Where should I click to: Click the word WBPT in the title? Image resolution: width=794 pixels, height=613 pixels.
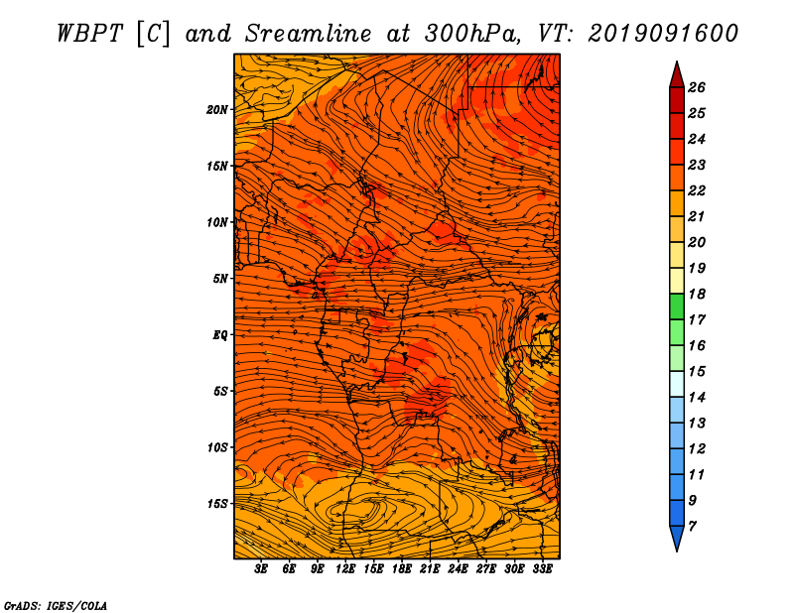coord(89,34)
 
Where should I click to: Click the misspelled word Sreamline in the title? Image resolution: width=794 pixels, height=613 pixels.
coord(309,34)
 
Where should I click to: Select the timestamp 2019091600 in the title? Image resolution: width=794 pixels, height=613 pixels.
coord(663,34)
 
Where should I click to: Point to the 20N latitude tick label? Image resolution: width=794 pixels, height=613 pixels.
coord(217,110)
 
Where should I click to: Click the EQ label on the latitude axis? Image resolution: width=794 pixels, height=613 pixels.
coord(220,335)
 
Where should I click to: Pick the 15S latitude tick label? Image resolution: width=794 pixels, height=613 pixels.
coord(217,504)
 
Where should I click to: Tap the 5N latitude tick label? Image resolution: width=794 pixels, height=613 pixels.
coord(220,279)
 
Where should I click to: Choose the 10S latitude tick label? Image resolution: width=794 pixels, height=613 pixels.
coord(217,447)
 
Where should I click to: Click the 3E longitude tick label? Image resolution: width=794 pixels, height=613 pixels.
coord(261,569)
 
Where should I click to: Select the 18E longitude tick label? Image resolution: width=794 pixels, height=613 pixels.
coord(402,569)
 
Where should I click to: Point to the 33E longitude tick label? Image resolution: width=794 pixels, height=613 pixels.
coord(542,569)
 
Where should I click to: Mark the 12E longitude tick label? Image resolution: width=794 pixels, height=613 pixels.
coord(345,569)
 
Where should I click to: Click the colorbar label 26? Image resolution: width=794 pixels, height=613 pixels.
coord(697,87)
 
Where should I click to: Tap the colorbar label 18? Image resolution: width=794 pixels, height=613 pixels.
coord(697,294)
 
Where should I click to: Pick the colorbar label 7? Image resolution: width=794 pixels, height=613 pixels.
coord(692,527)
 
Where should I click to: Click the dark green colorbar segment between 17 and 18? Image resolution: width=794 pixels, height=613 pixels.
coord(677,306)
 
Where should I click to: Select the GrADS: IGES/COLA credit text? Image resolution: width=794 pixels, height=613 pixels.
coord(56,606)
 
